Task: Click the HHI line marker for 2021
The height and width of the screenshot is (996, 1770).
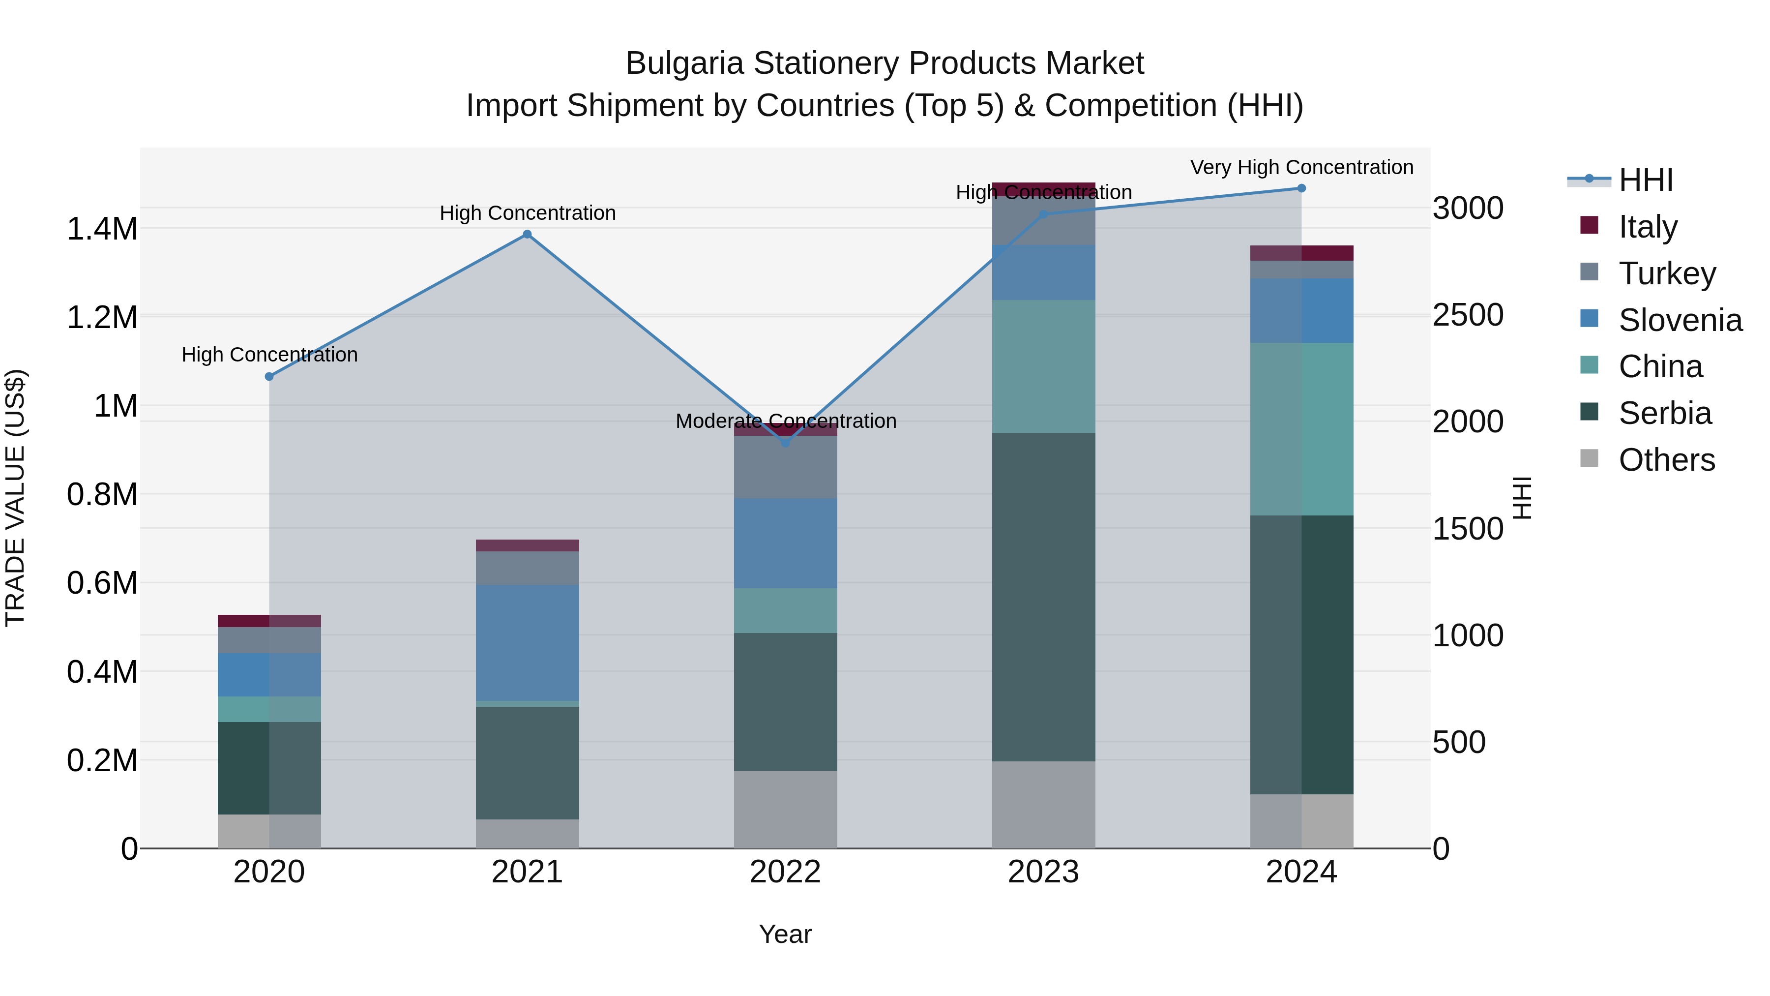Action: (x=527, y=235)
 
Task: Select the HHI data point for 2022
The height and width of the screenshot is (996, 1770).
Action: (x=785, y=443)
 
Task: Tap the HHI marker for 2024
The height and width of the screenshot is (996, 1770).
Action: (x=1300, y=188)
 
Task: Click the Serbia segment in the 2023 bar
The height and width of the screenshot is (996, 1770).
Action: (x=1043, y=597)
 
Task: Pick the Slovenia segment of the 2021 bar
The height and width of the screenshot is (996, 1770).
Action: (x=527, y=643)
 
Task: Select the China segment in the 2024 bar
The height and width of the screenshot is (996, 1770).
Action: (x=1300, y=429)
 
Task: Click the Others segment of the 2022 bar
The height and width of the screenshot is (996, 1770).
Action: (x=785, y=809)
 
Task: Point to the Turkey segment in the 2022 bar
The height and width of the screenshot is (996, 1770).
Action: (x=785, y=467)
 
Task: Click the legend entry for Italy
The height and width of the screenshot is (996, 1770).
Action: (x=1647, y=227)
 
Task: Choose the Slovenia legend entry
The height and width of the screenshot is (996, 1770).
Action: (x=1680, y=320)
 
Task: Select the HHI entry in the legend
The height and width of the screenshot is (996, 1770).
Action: (x=1645, y=180)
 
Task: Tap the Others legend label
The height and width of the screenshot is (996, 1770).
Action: (x=1666, y=460)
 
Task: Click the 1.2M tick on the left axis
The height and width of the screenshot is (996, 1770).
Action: (x=102, y=318)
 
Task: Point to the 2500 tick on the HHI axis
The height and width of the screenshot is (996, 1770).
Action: (x=1468, y=315)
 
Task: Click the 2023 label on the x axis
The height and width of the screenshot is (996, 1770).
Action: (x=1043, y=872)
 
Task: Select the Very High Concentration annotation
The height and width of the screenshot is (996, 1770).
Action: (x=1300, y=167)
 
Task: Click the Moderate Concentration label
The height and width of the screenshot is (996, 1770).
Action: (x=785, y=421)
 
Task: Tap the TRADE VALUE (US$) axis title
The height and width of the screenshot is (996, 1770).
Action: (x=15, y=498)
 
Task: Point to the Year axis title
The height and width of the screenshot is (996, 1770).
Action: (x=785, y=934)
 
